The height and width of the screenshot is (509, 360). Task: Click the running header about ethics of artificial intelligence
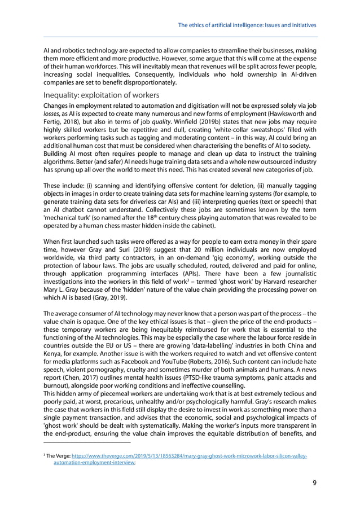(x=247, y=25)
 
